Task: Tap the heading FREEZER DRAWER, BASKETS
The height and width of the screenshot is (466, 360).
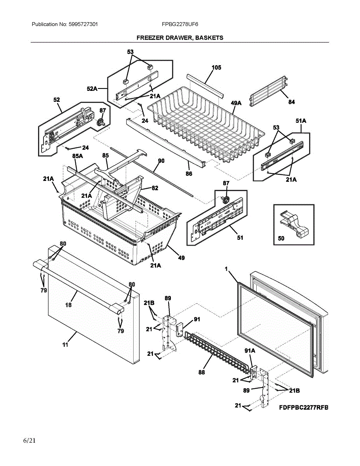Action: click(180, 38)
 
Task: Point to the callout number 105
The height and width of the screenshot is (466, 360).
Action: click(216, 68)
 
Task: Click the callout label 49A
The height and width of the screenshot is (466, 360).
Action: click(236, 103)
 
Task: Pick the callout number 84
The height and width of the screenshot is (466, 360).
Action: click(291, 102)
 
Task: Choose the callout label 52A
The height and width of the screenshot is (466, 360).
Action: click(92, 89)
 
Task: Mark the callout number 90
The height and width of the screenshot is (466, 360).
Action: click(161, 160)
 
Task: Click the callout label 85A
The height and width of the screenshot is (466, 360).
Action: click(78, 156)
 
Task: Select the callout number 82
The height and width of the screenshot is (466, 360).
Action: click(155, 188)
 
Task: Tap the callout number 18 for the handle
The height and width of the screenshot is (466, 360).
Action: click(68, 305)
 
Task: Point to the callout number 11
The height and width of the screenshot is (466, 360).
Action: click(65, 344)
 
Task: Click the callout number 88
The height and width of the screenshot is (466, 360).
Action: click(201, 372)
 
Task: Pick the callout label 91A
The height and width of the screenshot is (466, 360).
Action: click(250, 351)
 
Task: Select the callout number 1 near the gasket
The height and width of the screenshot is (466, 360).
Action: click(226, 268)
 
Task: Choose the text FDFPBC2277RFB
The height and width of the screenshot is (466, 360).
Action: click(303, 407)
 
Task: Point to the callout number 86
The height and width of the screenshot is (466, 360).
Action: click(189, 174)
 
